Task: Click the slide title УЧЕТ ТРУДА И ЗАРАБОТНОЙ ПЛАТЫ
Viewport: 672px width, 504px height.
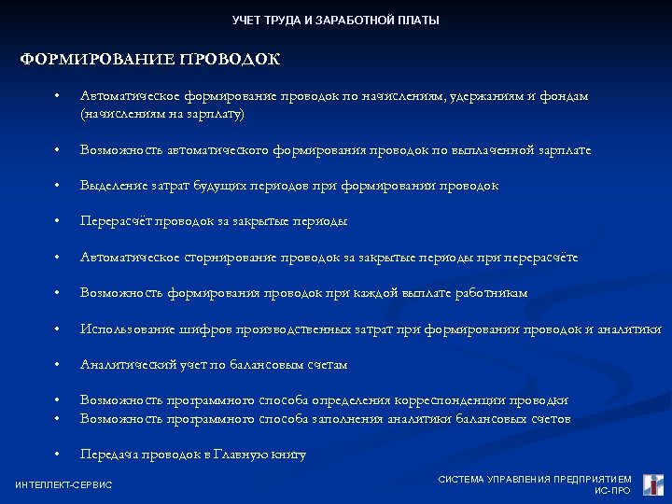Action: [x=335, y=21]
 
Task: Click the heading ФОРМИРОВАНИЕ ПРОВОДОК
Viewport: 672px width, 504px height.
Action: [x=150, y=60]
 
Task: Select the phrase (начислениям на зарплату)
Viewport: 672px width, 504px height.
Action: [x=162, y=114]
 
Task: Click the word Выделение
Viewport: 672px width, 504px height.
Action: [x=111, y=186]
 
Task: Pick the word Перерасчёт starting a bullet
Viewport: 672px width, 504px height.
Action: [x=116, y=221]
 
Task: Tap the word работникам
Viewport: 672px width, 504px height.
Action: [x=491, y=293]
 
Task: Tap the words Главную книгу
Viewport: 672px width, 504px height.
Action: [x=265, y=455]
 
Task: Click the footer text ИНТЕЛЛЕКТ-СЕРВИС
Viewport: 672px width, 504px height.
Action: [x=63, y=484]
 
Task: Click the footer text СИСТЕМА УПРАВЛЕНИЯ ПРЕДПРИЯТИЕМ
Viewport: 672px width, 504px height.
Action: [x=535, y=479]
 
